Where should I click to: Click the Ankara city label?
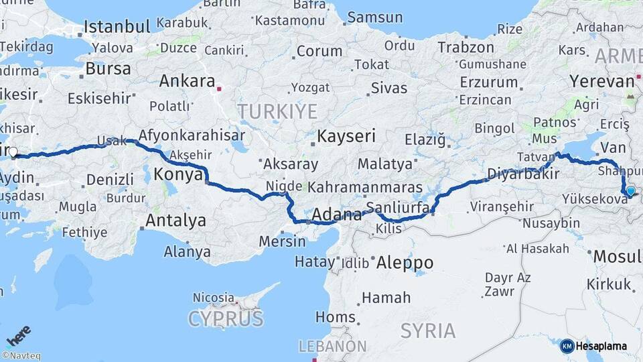(186, 81)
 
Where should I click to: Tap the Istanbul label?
(117, 27)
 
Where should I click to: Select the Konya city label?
(178, 175)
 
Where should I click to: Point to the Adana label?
(332, 216)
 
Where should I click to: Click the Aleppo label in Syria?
(405, 262)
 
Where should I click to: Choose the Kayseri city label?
(346, 136)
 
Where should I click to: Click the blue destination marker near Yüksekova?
(630, 191)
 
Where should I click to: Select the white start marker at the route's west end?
(12, 152)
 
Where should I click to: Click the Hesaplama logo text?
(601, 346)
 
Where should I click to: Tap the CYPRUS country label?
(226, 318)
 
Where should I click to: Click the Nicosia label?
(214, 297)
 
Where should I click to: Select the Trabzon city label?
(466, 48)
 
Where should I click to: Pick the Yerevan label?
(601, 81)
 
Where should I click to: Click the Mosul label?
(617, 256)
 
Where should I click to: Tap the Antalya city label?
(175, 220)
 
